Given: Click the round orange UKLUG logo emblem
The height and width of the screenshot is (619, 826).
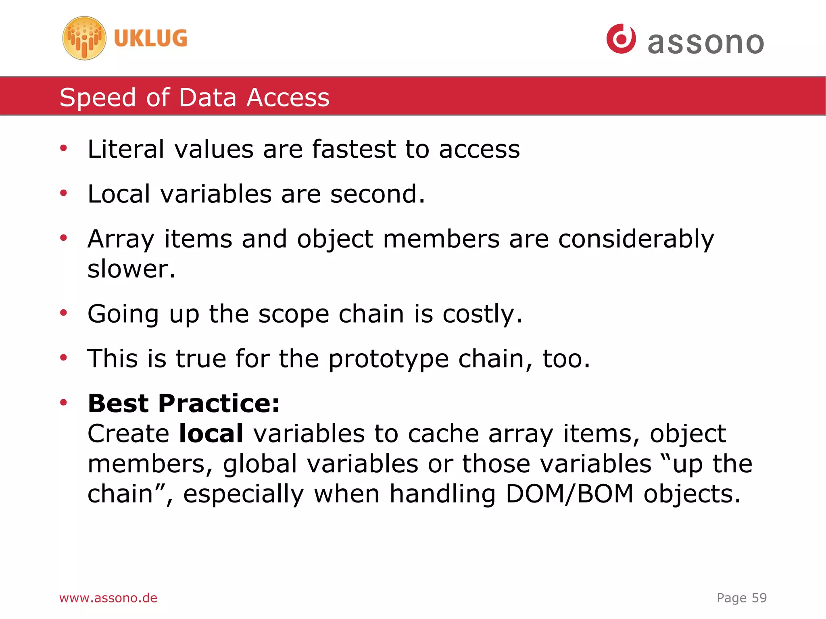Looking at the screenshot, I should [x=84, y=38].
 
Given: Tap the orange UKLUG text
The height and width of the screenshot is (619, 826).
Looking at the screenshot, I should [x=150, y=38].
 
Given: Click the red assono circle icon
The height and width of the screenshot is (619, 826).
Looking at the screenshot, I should [x=621, y=39].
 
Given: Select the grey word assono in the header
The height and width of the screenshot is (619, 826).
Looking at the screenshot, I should [x=706, y=43].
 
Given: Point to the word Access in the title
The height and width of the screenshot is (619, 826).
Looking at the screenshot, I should [x=288, y=98].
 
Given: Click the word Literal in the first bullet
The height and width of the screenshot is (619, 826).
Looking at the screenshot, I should [x=126, y=149].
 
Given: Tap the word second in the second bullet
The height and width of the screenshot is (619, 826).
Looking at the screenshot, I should [x=377, y=194].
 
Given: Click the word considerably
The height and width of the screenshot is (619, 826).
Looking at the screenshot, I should [x=636, y=239].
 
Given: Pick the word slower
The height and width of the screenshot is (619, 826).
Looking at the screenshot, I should [x=131, y=269].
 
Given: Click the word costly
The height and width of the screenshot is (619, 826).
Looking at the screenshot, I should [x=482, y=314].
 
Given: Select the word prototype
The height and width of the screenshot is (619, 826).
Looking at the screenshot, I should [x=388, y=359].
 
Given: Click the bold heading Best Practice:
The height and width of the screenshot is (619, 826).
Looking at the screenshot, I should [x=184, y=403].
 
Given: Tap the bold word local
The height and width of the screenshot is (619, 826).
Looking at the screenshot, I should [x=211, y=434].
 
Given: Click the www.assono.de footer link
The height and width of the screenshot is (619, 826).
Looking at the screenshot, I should [x=108, y=598].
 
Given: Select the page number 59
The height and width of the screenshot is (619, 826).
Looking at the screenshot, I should [x=759, y=598].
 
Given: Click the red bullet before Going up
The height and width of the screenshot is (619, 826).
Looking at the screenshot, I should [x=63, y=313].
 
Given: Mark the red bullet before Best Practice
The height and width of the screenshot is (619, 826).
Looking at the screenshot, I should [x=63, y=402].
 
